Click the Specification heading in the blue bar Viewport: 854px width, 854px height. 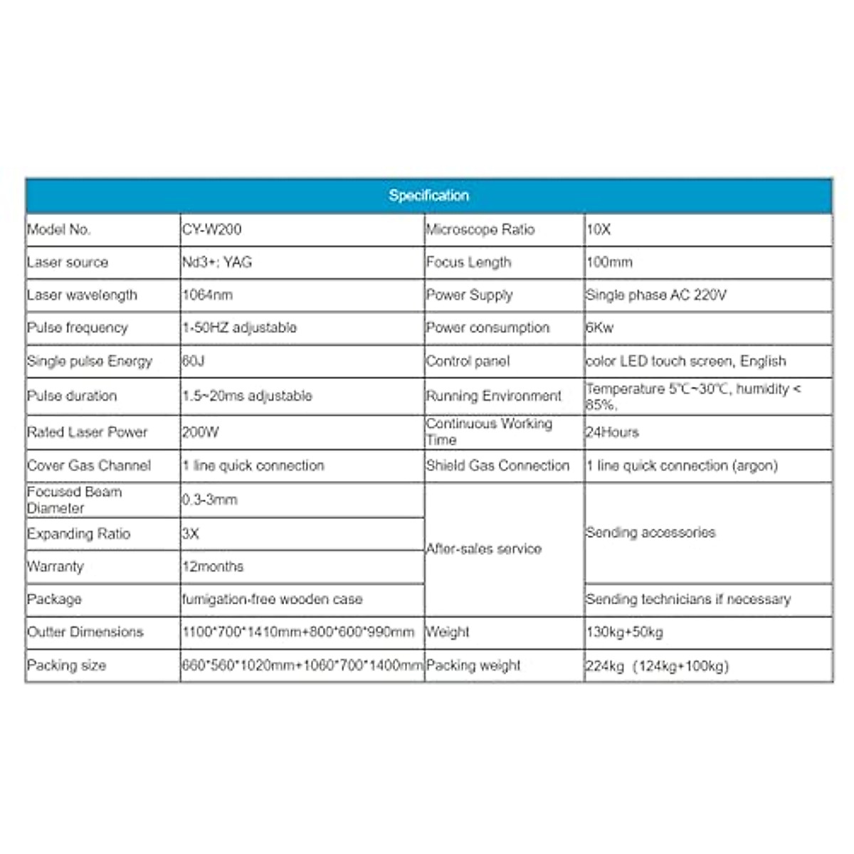pos(428,196)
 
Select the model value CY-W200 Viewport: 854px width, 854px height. pos(211,230)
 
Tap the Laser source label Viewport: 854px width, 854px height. pos(68,263)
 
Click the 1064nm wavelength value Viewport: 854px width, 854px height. pos(207,295)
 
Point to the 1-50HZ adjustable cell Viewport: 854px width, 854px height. pos(239,328)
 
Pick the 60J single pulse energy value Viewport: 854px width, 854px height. pos(193,362)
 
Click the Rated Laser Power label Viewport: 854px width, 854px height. pos(87,432)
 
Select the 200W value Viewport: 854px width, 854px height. pos(200,432)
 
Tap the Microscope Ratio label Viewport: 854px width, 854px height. pos(480,230)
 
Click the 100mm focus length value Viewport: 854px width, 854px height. pos(609,263)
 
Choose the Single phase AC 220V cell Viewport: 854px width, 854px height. pos(655,295)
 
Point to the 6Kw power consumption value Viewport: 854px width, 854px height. pos(599,328)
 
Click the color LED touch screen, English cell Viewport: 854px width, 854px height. pos(686,362)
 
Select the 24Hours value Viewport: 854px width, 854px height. pos(612,432)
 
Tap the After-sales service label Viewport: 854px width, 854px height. pos(484,549)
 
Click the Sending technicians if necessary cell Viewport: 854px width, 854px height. pos(688,600)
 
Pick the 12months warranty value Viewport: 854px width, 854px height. pos(213,567)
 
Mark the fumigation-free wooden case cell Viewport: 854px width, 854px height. pos(272,600)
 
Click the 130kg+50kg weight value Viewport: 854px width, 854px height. pos(624,632)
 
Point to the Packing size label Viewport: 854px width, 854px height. pos(66,666)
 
